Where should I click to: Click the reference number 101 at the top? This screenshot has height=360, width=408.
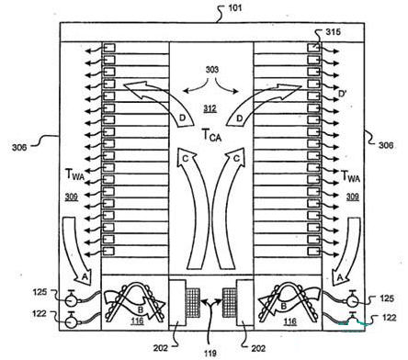[235, 7]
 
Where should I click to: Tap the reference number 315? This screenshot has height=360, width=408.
[333, 31]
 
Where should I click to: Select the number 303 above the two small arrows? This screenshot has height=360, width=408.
[212, 70]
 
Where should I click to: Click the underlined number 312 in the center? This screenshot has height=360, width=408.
[210, 108]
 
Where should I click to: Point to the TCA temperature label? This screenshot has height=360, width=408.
[211, 135]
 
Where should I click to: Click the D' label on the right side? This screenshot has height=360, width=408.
[343, 94]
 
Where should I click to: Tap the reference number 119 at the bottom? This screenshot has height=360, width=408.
[210, 354]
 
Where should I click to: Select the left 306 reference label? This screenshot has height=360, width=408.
[19, 147]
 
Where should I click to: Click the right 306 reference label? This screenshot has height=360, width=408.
[386, 145]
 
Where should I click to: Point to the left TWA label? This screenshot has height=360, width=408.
[75, 174]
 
